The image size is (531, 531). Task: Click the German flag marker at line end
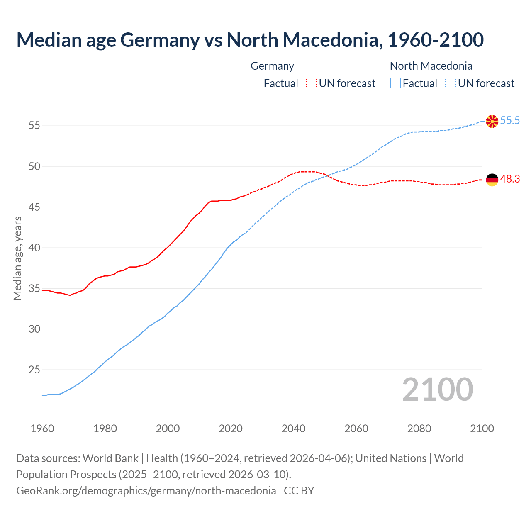pyautogui.click(x=492, y=180)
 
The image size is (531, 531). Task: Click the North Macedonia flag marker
pyautogui.click(x=492, y=121)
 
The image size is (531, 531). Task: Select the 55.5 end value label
pyautogui.click(x=510, y=121)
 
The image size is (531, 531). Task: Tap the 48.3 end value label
pyautogui.click(x=510, y=179)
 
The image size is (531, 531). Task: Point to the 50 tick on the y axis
pyautogui.click(x=34, y=166)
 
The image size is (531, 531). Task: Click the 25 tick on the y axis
pyautogui.click(x=34, y=370)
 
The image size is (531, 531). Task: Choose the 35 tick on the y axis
pyautogui.click(x=34, y=288)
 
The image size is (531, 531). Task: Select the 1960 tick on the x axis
pyautogui.click(x=42, y=429)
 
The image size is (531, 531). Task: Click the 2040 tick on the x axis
pyautogui.click(x=293, y=429)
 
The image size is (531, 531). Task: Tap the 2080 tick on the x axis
pyautogui.click(x=419, y=429)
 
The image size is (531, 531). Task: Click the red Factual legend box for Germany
pyautogui.click(x=256, y=83)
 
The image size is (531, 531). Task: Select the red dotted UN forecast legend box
pyautogui.click(x=311, y=83)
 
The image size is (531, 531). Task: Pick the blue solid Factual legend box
pyautogui.click(x=395, y=83)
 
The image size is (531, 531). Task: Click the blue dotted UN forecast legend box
pyautogui.click(x=451, y=83)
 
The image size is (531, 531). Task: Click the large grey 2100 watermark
pyautogui.click(x=438, y=390)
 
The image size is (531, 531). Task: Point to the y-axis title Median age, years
pyautogui.click(x=17, y=258)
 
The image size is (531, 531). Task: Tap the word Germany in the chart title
pyautogui.click(x=160, y=40)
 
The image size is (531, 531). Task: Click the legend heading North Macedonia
pyautogui.click(x=431, y=66)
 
